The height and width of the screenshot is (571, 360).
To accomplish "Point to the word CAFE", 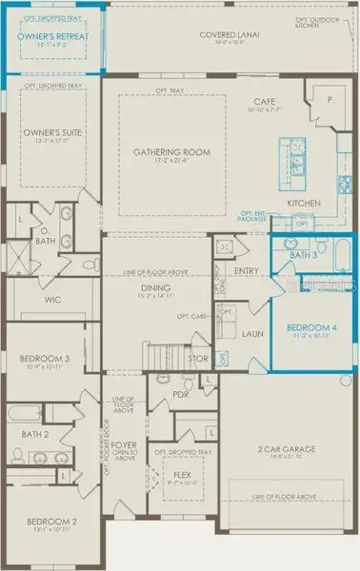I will click(264, 102).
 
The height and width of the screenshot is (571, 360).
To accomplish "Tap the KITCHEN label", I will click(303, 203).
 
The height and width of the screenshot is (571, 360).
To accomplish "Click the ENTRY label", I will click(246, 271).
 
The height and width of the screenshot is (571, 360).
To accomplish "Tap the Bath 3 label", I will click(303, 256).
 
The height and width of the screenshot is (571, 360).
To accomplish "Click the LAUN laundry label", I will click(251, 334).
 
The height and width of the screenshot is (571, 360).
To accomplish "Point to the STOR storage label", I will click(197, 359).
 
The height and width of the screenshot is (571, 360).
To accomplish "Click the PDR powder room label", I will click(183, 395).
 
